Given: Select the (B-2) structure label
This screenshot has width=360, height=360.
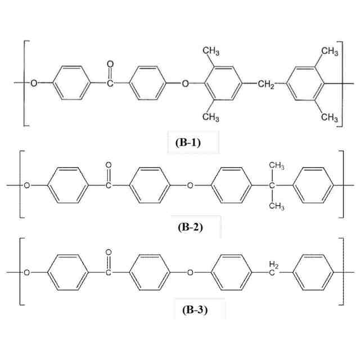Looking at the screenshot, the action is coord(188,227).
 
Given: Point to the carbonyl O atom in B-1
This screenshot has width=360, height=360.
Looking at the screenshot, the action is coord(110,64).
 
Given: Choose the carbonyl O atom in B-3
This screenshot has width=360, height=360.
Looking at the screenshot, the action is coord(109,253).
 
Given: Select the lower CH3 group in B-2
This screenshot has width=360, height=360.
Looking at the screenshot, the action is coord(276,206).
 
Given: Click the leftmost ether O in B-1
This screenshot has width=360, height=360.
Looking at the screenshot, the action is coord(34,84).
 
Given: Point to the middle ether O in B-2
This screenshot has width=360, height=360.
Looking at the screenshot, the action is coord(190,185).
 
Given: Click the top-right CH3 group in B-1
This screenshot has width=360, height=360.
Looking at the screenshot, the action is coord(330,52).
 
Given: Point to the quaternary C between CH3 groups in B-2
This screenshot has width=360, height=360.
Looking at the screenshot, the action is coord(272,185).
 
